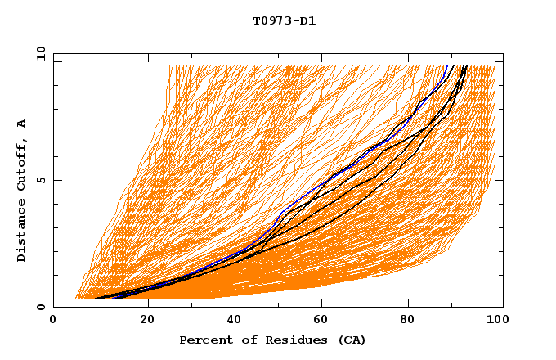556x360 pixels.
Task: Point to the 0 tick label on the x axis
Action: (53, 321)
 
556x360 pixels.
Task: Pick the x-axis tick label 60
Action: (319, 321)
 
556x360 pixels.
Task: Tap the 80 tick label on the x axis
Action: (407, 321)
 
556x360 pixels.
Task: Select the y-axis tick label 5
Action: (40, 180)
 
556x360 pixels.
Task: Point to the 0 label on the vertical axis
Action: (40, 307)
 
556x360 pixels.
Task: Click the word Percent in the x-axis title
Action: (203, 340)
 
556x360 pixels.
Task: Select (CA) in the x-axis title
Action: (350, 340)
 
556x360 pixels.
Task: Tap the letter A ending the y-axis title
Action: (21, 123)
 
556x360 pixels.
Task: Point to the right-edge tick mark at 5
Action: (500, 180)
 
